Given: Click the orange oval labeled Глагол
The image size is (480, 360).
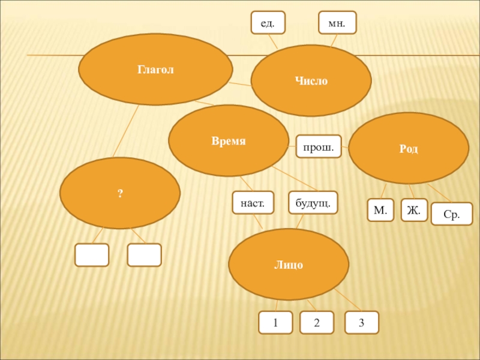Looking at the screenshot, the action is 156,70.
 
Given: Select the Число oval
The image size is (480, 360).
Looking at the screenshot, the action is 311,80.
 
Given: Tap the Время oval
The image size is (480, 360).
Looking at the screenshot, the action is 229,141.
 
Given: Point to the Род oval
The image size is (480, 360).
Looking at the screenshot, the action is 409,148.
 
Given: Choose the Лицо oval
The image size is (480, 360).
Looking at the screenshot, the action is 289,264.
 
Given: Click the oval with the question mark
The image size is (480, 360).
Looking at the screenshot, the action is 120,193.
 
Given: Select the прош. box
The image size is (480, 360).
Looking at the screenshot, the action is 318,146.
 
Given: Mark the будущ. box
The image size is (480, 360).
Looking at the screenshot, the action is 313,202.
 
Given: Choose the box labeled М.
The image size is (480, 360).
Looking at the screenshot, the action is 380,210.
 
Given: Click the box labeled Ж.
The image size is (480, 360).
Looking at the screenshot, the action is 414,210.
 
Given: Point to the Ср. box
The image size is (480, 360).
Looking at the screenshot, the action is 451,214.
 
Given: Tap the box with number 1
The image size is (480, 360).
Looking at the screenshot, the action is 275,322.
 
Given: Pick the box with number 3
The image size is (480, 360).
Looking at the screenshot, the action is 362,322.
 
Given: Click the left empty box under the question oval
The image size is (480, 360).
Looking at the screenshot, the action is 92,255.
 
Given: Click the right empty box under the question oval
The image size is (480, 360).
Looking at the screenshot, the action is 144,255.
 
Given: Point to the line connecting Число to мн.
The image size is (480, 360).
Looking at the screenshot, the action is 333,40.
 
